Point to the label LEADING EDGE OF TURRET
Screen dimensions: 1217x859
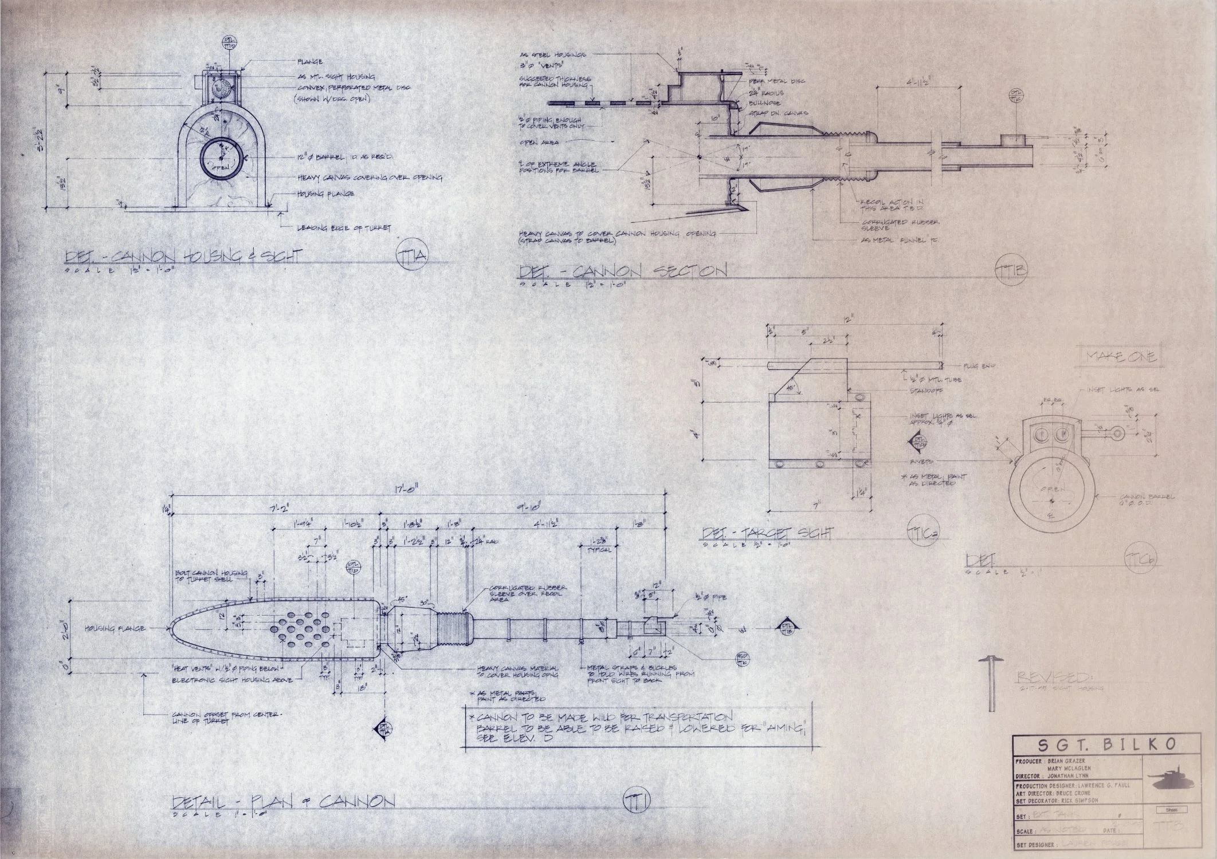(344, 228)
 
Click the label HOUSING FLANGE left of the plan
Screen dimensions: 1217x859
(115, 628)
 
